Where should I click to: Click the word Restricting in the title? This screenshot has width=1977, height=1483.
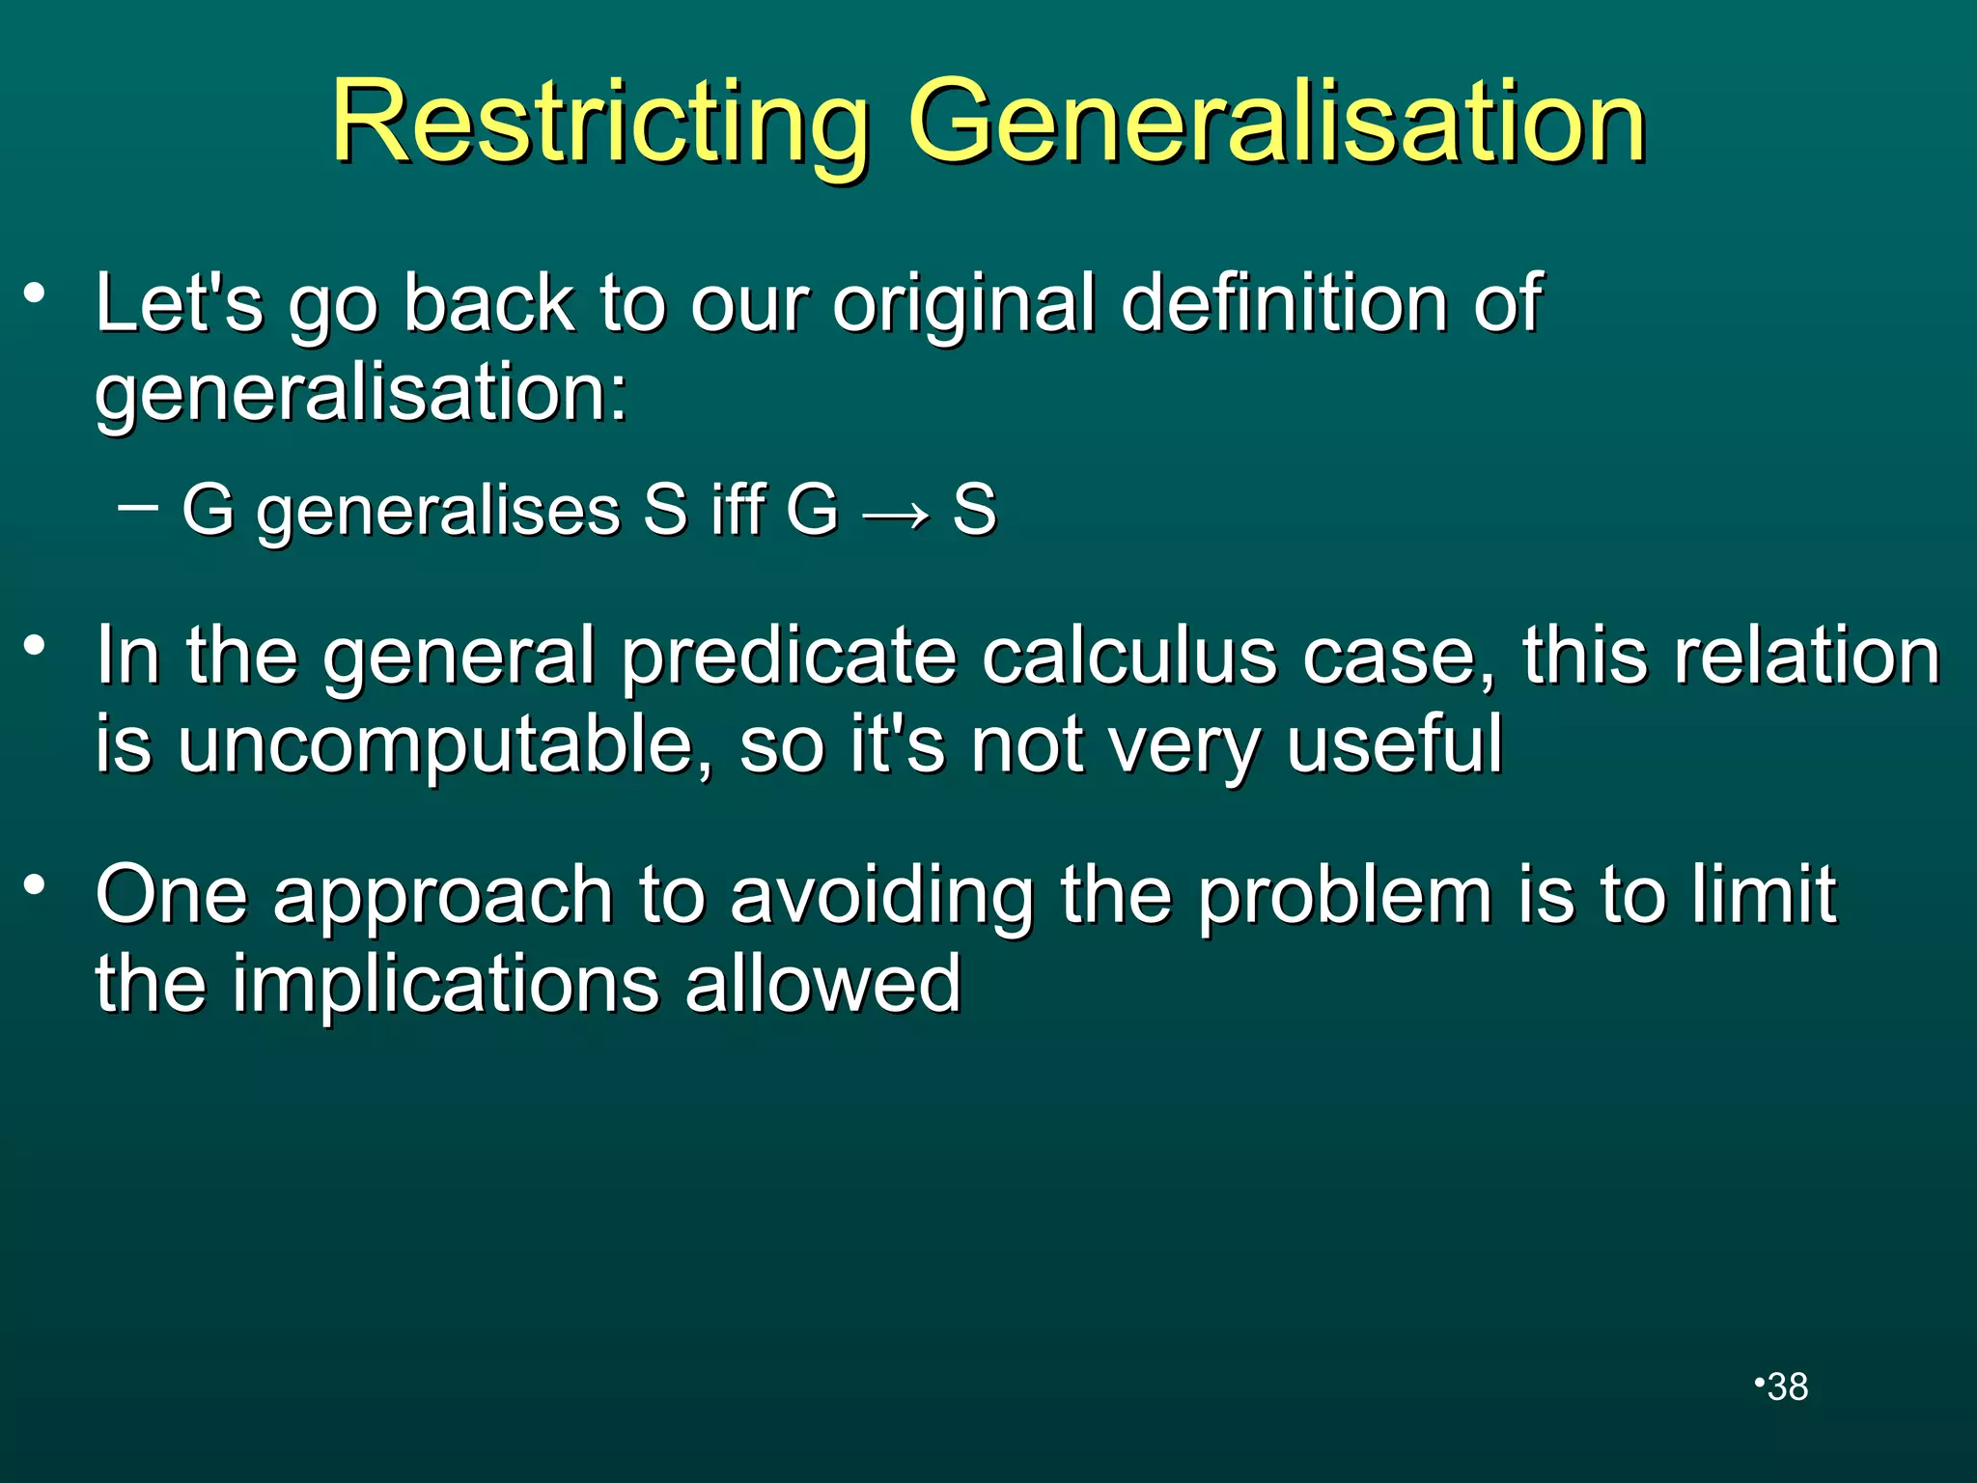(599, 123)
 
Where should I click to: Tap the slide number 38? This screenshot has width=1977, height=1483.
(1788, 1386)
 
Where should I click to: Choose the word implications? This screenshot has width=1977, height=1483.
(445, 984)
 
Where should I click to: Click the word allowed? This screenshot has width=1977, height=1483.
(823, 984)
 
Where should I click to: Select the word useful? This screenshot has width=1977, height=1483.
(1394, 744)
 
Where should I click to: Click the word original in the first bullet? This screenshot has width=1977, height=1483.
(963, 305)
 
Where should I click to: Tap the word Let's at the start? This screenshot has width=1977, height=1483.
(179, 303)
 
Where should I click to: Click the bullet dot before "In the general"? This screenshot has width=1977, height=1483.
(36, 644)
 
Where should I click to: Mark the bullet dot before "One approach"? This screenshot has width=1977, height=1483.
(36, 883)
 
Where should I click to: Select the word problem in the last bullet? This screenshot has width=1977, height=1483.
(1345, 896)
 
